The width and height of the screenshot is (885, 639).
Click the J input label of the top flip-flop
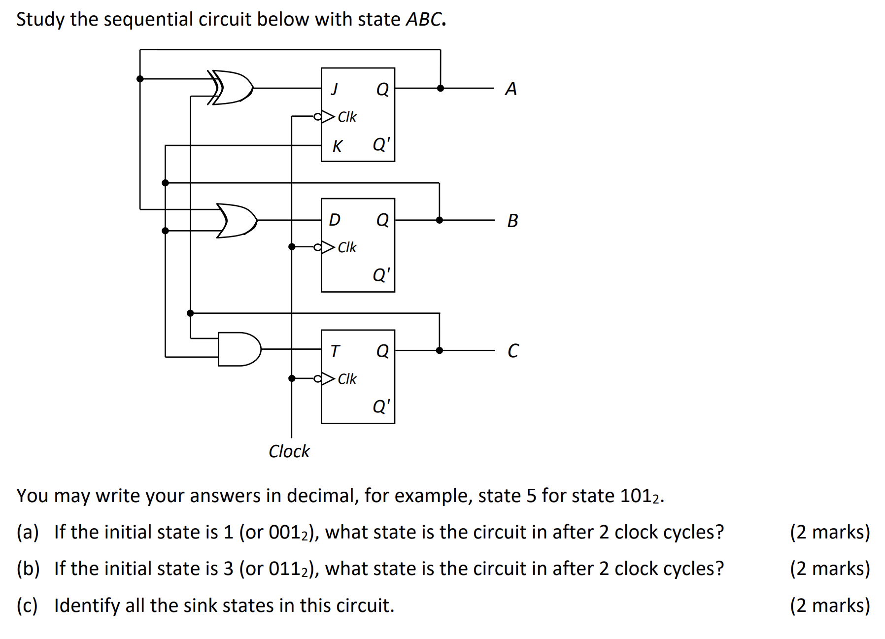point(335,89)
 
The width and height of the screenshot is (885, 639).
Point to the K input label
point(337,146)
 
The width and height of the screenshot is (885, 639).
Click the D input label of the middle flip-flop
point(335,220)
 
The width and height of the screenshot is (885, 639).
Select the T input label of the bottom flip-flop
point(335,351)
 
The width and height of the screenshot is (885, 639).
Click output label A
point(511,89)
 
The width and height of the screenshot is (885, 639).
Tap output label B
point(512,221)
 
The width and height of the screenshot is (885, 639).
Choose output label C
point(512,351)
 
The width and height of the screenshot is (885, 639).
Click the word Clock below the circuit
point(289,451)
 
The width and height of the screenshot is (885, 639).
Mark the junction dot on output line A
point(441,88)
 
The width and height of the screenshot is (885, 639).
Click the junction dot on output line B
point(440,220)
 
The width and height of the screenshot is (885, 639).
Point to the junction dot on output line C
point(440,350)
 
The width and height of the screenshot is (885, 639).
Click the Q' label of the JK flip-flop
point(381,144)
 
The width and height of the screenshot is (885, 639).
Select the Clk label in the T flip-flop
point(347,379)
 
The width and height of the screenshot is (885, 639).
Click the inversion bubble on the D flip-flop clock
point(318,247)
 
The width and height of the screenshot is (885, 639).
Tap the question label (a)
point(28,533)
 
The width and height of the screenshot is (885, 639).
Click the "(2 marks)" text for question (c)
point(830,605)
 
